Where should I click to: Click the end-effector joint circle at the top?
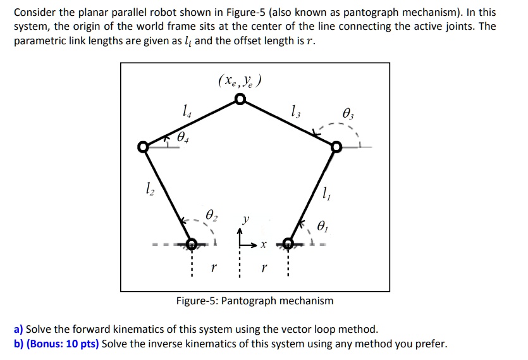[240, 99]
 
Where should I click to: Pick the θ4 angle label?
[183, 136]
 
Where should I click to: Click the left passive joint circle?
[144, 147]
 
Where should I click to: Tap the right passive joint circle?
[336, 147]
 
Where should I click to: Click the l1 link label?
[326, 196]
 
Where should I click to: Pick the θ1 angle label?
[323, 225]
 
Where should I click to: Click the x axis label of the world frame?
[264, 244]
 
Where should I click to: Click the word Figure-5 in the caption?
[197, 301]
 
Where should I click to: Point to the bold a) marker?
[18, 329]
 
